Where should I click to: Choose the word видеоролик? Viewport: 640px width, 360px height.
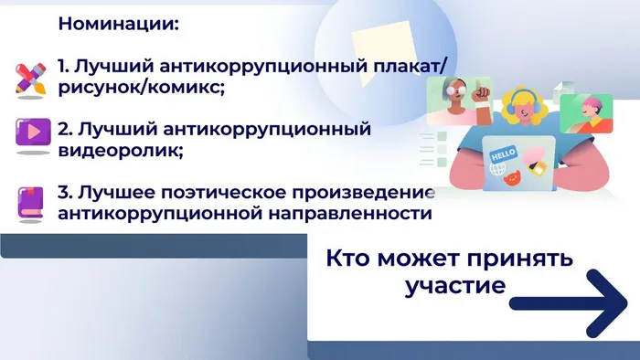[119, 149]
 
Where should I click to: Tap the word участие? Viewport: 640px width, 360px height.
[454, 285]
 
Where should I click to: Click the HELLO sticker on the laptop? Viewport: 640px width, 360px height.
[505, 156]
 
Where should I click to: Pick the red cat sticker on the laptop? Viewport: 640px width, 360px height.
[514, 173]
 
